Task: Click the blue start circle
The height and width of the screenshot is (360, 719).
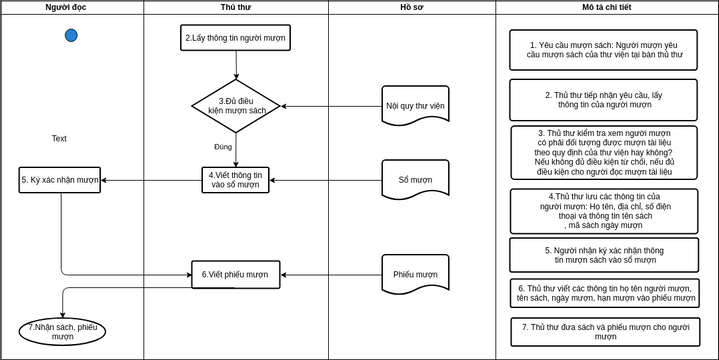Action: [x=71, y=36]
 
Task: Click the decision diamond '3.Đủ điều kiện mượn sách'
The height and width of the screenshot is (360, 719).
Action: [x=235, y=106]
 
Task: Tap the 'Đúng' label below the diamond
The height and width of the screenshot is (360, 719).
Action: [x=223, y=147]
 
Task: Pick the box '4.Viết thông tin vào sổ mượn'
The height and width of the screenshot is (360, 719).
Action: [x=235, y=180]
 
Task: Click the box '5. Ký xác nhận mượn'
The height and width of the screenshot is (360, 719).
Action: [x=60, y=181]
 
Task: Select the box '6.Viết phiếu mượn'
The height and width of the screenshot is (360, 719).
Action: [x=235, y=274]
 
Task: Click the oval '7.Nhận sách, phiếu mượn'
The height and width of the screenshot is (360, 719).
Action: [x=62, y=332]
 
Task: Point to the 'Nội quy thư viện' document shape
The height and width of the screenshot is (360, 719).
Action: [x=415, y=105]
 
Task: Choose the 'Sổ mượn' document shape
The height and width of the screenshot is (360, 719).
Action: [x=415, y=180]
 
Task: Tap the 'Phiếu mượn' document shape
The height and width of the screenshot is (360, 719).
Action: [x=415, y=274]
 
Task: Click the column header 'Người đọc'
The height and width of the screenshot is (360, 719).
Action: [x=71, y=7]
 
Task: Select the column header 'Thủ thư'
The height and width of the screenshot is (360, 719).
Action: [x=235, y=7]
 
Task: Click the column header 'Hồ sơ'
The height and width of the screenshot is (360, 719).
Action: [x=411, y=7]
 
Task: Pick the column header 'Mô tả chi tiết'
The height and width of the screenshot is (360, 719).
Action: [x=607, y=7]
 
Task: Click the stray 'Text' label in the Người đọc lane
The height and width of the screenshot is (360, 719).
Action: [x=59, y=139]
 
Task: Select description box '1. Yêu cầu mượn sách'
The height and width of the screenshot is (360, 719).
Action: [x=603, y=50]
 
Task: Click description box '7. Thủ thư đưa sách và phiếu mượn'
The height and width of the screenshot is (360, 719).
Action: [x=603, y=332]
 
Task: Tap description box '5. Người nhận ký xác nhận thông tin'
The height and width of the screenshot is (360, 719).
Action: [x=603, y=255]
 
